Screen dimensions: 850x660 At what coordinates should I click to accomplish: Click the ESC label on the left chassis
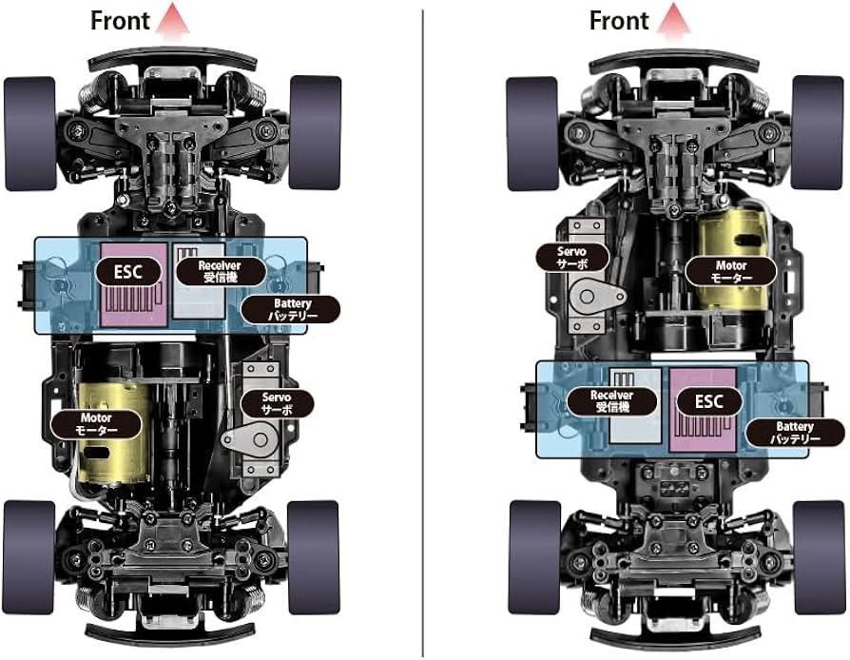pyautogui.click(x=129, y=272)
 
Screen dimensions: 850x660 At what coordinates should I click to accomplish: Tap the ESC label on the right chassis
pyautogui.click(x=709, y=402)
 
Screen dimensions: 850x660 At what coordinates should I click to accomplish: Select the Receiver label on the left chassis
pyautogui.click(x=221, y=271)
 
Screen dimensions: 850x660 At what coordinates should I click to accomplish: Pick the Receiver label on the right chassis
pyautogui.click(x=612, y=401)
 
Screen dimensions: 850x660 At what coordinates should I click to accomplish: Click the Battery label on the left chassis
pyautogui.click(x=291, y=310)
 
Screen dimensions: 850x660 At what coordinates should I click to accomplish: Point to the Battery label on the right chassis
pyautogui.click(x=795, y=433)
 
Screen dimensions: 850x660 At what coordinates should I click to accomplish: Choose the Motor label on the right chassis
pyautogui.click(x=731, y=272)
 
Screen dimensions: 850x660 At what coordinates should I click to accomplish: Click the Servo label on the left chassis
pyautogui.click(x=277, y=403)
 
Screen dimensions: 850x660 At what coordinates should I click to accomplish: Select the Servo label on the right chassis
pyautogui.click(x=572, y=258)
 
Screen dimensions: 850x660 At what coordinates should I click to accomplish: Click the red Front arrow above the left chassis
pyautogui.click(x=173, y=22)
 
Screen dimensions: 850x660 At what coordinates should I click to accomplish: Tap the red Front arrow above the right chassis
pyautogui.click(x=674, y=22)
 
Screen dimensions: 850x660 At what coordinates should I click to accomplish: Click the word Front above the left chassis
pyautogui.click(x=120, y=21)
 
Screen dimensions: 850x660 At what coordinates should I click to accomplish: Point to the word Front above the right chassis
pyautogui.click(x=619, y=21)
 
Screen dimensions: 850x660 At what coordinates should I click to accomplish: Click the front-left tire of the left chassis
pyautogui.click(x=30, y=133)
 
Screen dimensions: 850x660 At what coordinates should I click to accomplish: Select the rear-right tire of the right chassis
pyautogui.click(x=819, y=557)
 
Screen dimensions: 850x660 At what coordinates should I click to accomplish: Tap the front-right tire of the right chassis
pyautogui.click(x=818, y=132)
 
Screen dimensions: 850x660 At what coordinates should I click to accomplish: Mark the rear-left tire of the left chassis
pyautogui.click(x=29, y=557)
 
